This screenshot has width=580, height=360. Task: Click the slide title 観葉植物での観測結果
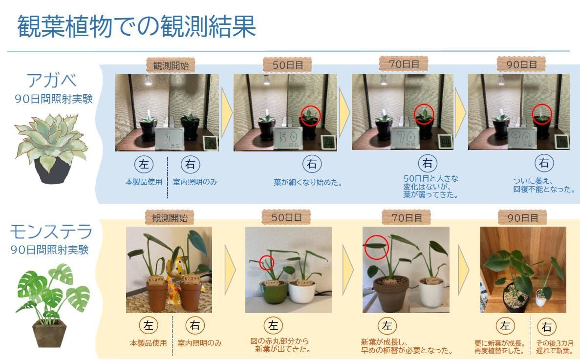pyautogui.click(x=136, y=26)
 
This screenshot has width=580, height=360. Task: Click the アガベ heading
pyautogui.click(x=53, y=80)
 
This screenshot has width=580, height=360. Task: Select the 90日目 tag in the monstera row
pyautogui.click(x=521, y=217)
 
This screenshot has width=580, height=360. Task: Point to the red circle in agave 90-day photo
pyautogui.click(x=541, y=113)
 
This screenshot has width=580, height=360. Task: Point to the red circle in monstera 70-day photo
pyautogui.click(x=376, y=246)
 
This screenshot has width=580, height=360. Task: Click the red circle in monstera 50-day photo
pyautogui.click(x=266, y=262)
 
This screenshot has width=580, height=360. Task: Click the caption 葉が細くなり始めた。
pyautogui.click(x=307, y=183)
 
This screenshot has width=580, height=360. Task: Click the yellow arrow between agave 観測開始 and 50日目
pyautogui.click(x=226, y=112)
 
